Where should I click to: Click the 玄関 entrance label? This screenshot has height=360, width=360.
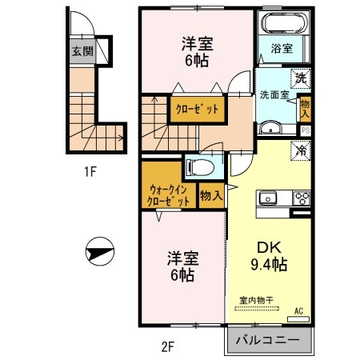(x=81, y=51)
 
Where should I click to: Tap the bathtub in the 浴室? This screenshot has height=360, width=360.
(x=280, y=22)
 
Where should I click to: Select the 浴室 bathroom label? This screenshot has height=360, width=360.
(x=281, y=49)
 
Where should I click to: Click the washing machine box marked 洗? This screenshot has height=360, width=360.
(x=300, y=78)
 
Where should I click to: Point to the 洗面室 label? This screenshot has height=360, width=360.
(x=274, y=94)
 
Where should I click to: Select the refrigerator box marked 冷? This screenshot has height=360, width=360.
(x=301, y=149)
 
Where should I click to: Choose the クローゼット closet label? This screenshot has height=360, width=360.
(x=195, y=109)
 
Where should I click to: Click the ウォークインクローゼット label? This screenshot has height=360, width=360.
(x=169, y=195)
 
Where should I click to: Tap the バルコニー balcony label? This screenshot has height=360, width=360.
(x=267, y=340)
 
